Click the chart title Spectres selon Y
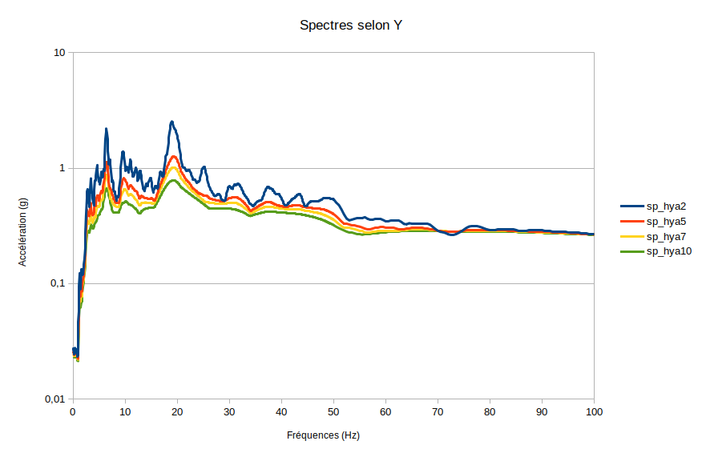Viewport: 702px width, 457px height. [351, 26]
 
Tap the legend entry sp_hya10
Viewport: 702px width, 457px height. [669, 252]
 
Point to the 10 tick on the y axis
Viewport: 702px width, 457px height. [58, 53]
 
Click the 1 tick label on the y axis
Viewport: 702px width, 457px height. [62, 168]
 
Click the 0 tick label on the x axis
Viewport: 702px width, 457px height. [73, 412]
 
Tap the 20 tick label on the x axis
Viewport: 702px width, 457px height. [177, 412]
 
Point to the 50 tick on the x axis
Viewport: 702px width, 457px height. [333, 412]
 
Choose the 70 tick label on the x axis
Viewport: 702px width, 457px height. [438, 412]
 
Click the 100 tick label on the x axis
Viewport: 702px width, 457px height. [594, 412]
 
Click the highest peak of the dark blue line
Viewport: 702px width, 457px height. [171, 122]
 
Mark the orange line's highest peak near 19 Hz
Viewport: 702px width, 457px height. [174, 157]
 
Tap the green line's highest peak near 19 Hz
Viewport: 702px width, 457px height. [173, 181]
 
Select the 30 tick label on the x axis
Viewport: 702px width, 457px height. [229, 412]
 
